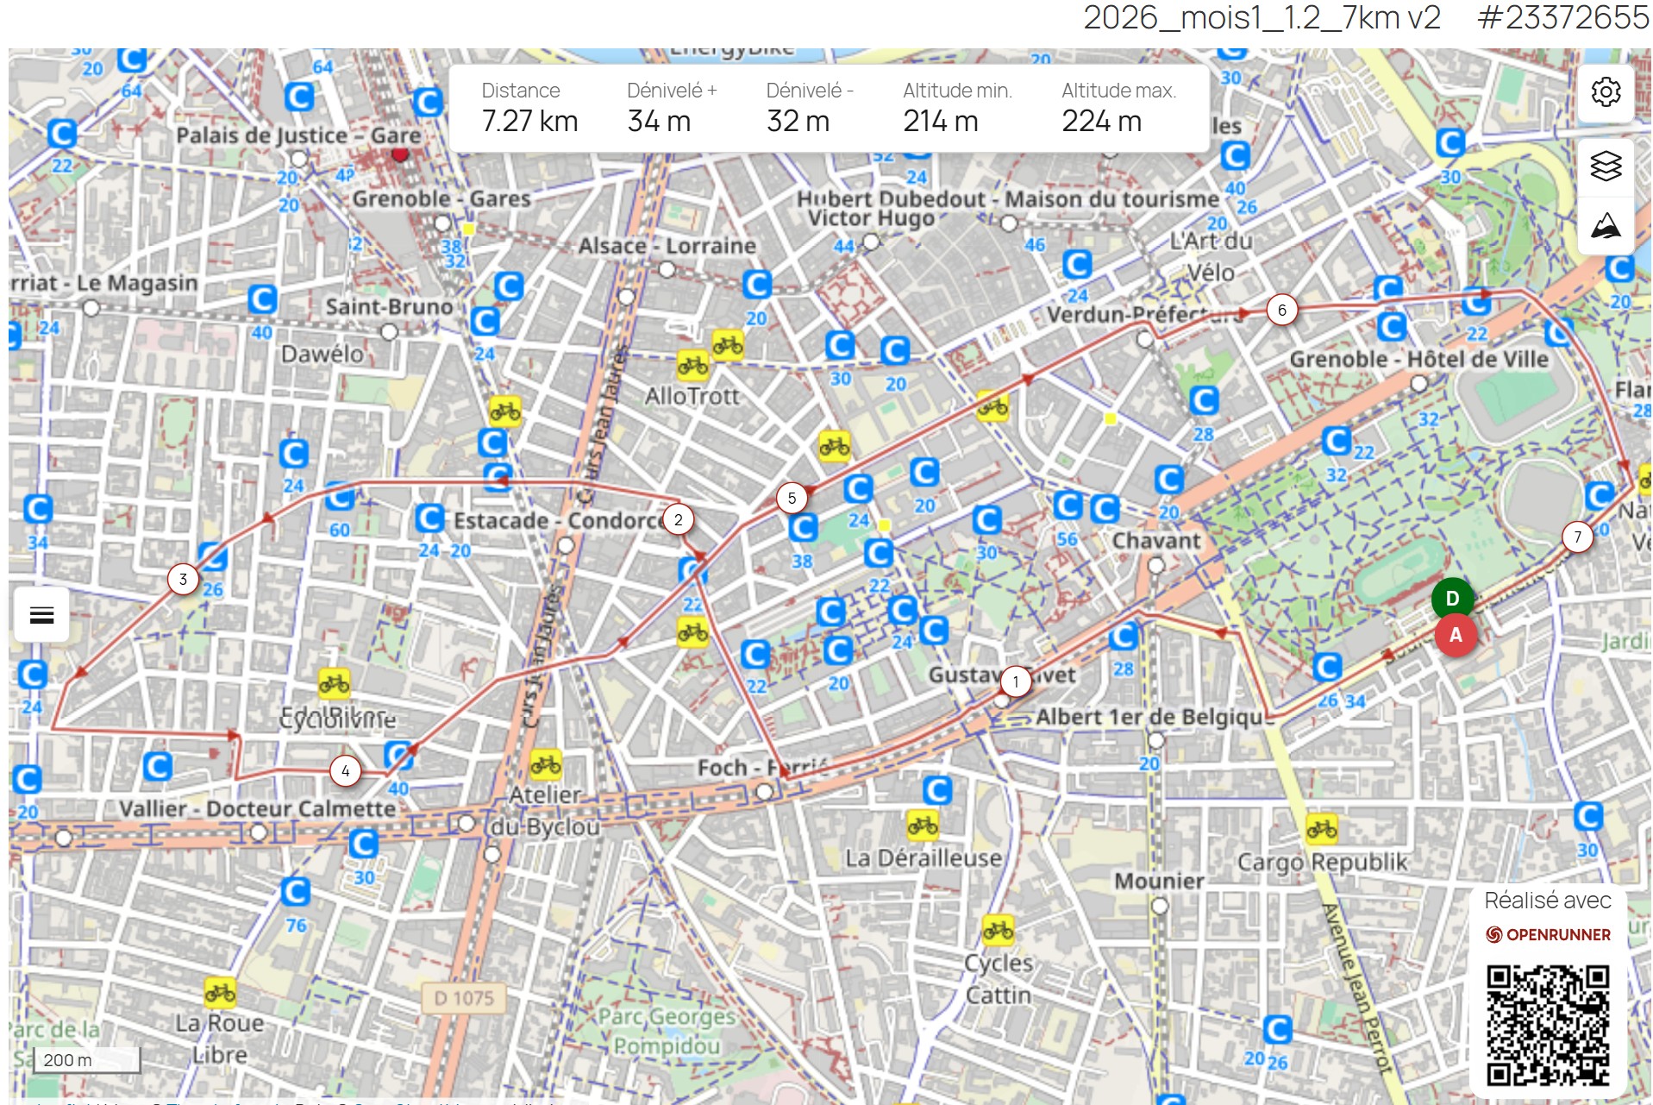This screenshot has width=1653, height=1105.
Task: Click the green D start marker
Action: pos(1452,599)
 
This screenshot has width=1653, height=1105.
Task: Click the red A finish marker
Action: pos(1456,636)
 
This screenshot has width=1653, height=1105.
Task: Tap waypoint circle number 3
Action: pos(183,580)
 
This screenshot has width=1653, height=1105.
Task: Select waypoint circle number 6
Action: pos(1282,311)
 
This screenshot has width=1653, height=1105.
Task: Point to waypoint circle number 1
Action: pos(1016,682)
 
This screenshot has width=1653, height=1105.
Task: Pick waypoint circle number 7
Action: pos(1577,537)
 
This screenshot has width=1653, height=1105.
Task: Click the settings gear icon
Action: pos(1606,91)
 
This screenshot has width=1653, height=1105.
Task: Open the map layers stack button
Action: pos(1606,166)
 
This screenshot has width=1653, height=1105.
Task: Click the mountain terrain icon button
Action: pos(1606,226)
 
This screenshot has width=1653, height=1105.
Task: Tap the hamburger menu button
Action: pos(41,615)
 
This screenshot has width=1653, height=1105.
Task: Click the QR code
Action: pos(1548,1025)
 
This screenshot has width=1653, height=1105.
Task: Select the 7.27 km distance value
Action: pos(529,122)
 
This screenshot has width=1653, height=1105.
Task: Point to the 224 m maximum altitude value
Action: pos(1101,122)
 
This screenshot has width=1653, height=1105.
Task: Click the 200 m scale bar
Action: pos(86,1060)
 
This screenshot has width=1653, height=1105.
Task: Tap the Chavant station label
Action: pos(1155,541)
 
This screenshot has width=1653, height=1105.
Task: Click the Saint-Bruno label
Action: pos(388,306)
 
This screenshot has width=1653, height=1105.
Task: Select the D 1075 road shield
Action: pos(464,998)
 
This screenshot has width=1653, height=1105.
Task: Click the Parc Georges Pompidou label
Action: pos(667,1031)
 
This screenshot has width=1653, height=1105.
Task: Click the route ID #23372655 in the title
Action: pos(1562,18)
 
